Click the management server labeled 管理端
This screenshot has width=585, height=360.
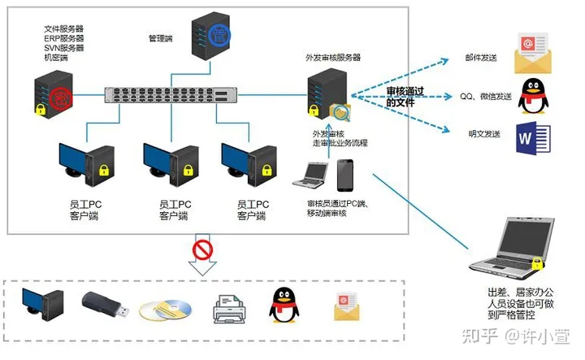210,36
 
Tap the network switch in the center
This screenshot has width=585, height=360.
171,95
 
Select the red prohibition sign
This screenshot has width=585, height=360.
202,250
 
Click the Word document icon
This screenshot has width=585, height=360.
533,138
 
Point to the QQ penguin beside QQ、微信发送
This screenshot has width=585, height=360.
534,96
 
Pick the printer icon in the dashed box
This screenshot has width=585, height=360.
229,309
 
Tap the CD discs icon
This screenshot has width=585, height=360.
165,310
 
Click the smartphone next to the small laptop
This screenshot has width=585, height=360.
345,176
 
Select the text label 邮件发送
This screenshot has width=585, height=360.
481,58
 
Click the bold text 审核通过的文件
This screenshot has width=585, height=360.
405,97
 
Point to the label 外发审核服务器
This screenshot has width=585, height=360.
333,58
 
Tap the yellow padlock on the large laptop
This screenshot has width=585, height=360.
537,263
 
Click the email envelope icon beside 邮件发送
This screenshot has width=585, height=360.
533,53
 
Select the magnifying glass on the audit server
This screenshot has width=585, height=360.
342,114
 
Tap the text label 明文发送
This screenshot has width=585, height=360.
484,134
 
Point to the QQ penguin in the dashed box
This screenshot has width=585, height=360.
284,306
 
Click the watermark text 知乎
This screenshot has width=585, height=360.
479,336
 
